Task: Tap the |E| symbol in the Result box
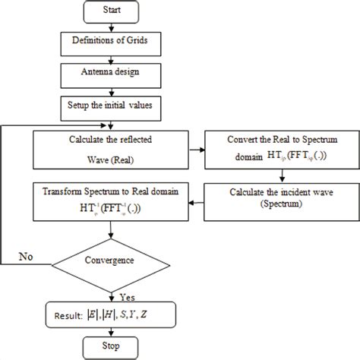[90, 311]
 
